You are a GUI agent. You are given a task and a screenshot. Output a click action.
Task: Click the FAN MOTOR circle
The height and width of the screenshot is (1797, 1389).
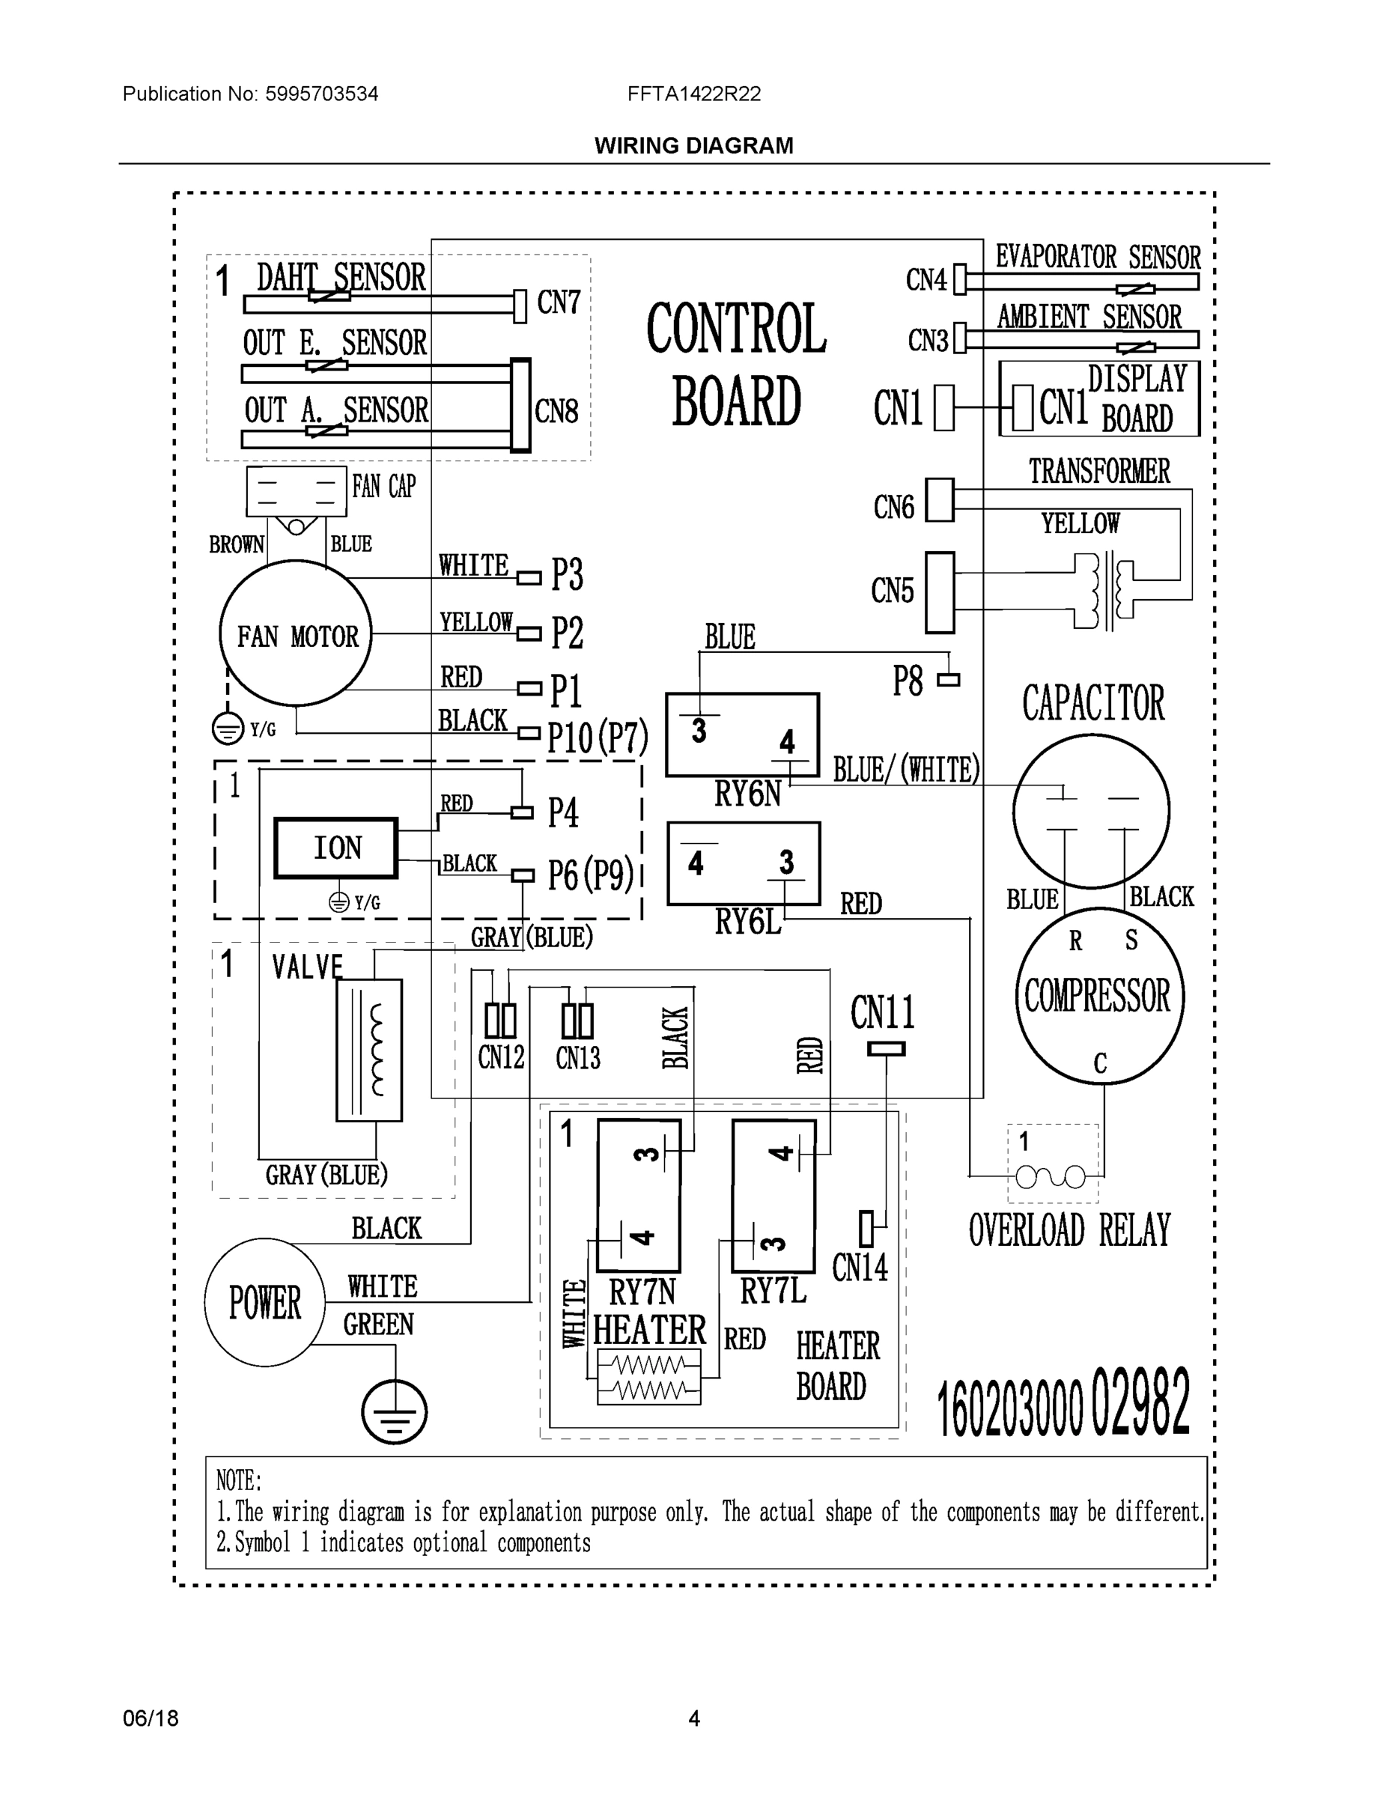(x=296, y=633)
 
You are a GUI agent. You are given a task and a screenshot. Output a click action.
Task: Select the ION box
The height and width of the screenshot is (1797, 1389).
(x=335, y=848)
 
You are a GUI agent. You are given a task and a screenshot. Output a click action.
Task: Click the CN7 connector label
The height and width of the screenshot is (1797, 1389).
(x=559, y=302)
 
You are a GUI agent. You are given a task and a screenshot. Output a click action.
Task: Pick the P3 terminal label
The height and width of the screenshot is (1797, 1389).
(x=567, y=574)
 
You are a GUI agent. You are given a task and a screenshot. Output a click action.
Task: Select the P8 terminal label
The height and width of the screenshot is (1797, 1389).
(x=908, y=681)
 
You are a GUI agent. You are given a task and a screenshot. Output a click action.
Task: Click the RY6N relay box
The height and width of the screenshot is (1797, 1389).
(x=742, y=735)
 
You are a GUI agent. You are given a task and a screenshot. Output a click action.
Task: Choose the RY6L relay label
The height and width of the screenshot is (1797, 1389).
(x=747, y=922)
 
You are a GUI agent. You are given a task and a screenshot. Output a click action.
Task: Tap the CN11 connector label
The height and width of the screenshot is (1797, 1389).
(x=883, y=1013)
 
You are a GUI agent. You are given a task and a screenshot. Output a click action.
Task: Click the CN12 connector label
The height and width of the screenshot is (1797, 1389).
(x=501, y=1057)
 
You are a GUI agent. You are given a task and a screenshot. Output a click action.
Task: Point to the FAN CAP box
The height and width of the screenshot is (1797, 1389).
(x=297, y=491)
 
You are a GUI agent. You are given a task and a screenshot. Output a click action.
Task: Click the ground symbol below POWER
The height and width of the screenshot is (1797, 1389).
(x=394, y=1412)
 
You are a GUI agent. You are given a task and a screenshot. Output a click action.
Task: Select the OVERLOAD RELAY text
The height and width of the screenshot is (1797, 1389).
(x=1069, y=1232)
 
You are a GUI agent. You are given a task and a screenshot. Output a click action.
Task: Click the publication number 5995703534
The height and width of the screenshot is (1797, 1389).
(x=321, y=94)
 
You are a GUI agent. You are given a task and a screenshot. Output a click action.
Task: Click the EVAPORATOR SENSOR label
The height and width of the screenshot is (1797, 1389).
(x=1098, y=257)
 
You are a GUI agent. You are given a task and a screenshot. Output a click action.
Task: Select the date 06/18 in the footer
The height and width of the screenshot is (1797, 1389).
(x=150, y=1718)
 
